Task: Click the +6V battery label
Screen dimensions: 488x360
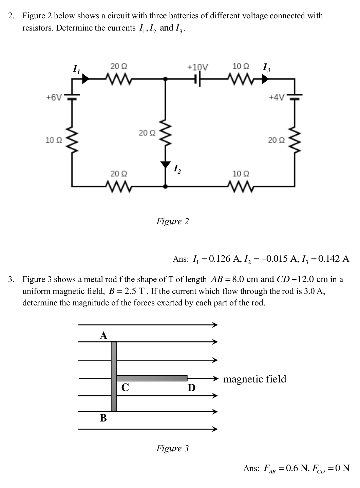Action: point(54,97)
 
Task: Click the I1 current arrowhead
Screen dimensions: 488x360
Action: point(86,79)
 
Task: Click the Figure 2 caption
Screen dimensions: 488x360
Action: point(172,222)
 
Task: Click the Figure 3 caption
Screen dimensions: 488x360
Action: point(172,448)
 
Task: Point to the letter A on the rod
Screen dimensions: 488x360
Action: point(103,336)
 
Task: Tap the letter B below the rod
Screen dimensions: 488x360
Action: point(103,418)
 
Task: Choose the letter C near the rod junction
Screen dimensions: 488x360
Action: point(125,387)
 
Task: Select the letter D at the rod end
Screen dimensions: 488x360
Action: point(191,387)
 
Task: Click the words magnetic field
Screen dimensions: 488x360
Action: point(255,379)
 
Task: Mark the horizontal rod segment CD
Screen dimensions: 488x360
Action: point(152,378)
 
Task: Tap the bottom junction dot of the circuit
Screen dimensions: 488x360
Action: point(166,186)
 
